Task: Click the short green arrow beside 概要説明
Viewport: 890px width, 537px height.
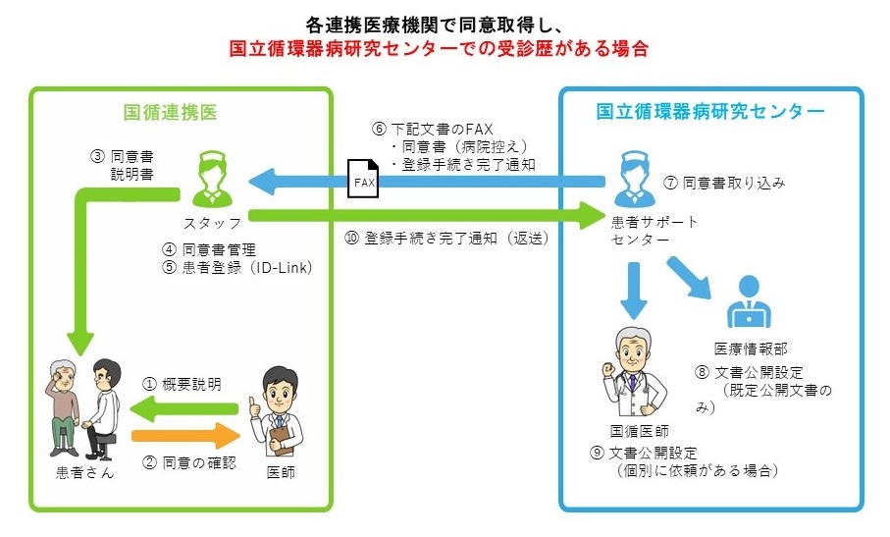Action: tap(192, 408)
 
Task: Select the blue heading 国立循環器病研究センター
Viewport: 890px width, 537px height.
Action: tap(710, 111)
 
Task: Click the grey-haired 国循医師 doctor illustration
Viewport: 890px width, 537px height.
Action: tap(633, 373)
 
